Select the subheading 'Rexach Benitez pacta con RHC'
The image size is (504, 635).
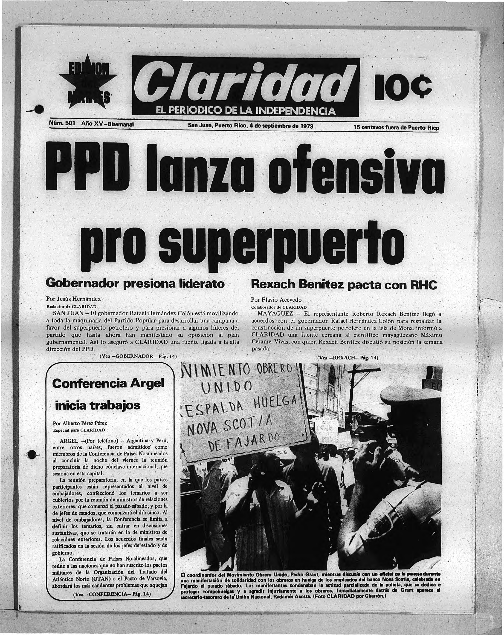[x=344, y=285]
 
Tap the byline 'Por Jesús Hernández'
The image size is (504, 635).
[x=73, y=299]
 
